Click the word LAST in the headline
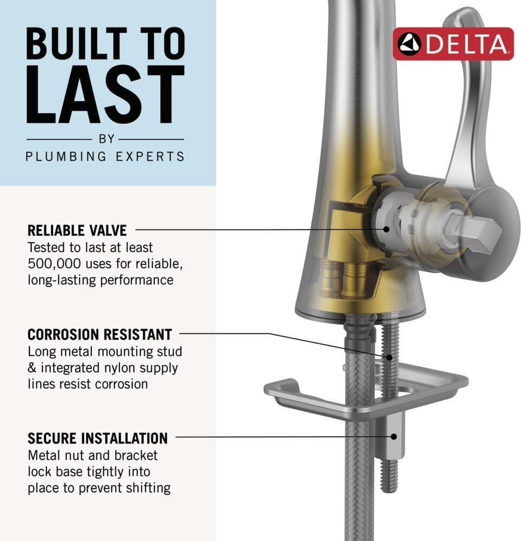[x=105, y=94]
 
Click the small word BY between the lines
[x=106, y=139]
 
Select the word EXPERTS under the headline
[x=150, y=157]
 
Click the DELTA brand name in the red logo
[x=466, y=44]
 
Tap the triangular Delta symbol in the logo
[x=409, y=44]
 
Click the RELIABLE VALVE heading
[x=77, y=230]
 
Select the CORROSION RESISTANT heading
[x=100, y=334]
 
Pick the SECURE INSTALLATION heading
[x=97, y=438]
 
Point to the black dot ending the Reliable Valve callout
[x=386, y=229]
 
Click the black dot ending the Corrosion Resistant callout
[x=389, y=358]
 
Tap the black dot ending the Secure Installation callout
[x=394, y=437]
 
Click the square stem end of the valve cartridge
[x=478, y=230]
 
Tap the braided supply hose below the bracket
[x=359, y=476]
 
